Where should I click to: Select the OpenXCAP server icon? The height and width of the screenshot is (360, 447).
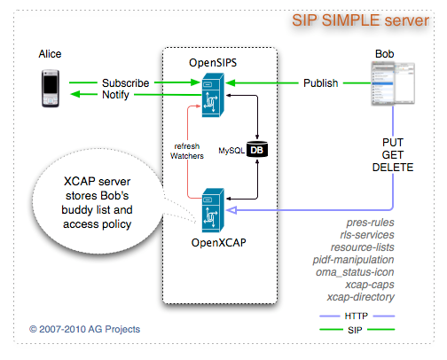[214, 205]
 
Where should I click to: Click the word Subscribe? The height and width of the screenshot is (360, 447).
[126, 82]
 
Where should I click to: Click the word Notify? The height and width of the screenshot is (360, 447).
[119, 95]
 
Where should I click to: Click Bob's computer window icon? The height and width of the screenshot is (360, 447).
[391, 86]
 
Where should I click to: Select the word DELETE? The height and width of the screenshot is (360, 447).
[393, 168]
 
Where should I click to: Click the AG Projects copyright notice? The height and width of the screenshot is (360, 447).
[84, 329]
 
